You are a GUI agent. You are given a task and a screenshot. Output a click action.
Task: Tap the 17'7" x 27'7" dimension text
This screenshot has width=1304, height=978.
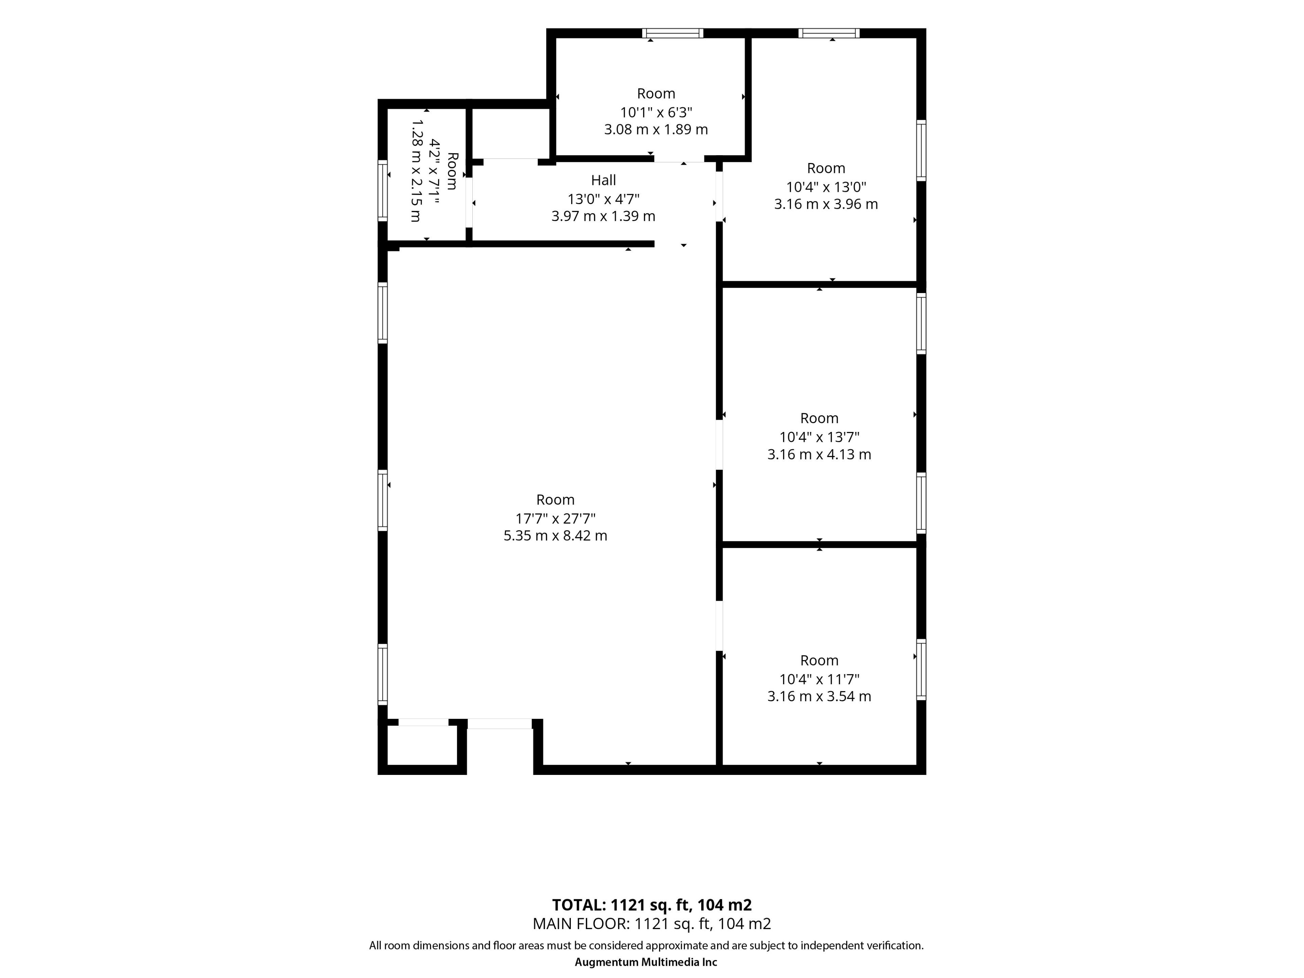(x=555, y=518)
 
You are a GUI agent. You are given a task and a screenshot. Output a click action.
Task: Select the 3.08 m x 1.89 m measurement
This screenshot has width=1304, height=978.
(x=655, y=129)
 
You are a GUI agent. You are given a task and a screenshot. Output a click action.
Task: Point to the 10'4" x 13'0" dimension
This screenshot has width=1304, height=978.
(x=826, y=187)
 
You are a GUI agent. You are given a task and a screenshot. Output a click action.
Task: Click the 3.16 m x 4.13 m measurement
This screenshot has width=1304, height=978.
(x=819, y=454)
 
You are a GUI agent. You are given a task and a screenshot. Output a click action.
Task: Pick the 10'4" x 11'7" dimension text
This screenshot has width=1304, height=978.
(x=819, y=678)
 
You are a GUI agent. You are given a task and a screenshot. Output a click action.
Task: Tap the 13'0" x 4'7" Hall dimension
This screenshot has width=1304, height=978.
(x=603, y=199)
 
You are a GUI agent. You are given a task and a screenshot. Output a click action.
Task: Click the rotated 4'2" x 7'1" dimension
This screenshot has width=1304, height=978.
(x=434, y=171)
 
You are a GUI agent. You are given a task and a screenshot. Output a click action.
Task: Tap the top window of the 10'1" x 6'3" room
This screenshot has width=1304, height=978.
(x=673, y=33)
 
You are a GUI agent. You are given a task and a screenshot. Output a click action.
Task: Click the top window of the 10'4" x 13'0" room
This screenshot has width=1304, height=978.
(x=829, y=33)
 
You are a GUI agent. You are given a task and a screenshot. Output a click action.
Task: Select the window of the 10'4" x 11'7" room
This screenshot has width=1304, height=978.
(x=921, y=670)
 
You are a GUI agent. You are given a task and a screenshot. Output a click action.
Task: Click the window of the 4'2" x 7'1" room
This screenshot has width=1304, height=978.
(x=383, y=191)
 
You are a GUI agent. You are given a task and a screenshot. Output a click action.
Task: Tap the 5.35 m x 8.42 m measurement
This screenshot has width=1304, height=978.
(x=555, y=535)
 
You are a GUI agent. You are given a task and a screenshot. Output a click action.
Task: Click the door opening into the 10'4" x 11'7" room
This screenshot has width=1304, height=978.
(x=719, y=626)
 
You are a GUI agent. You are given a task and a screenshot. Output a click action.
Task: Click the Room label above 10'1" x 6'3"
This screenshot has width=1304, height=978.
(x=655, y=93)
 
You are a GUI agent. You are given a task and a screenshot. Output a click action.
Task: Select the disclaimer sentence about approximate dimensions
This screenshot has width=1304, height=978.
(x=646, y=945)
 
